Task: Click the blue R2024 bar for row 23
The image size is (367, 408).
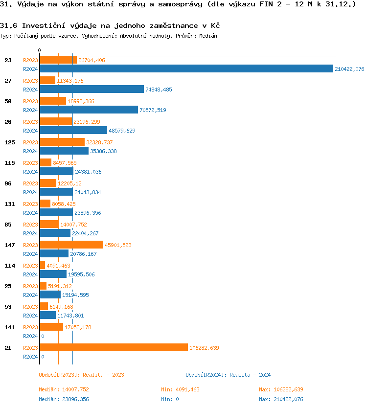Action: point(186,69)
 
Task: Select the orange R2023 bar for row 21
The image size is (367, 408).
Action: point(114,348)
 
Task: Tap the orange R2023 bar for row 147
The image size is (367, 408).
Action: point(71,245)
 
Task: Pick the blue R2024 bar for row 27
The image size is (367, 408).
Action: point(92,90)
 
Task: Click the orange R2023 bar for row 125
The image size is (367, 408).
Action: point(62,142)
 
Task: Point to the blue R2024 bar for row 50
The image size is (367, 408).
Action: point(89,110)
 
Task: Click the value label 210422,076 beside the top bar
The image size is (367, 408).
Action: point(349,69)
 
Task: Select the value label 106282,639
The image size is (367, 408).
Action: point(204,348)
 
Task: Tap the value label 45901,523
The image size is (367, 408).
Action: point(118,245)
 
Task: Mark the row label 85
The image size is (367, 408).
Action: point(8,225)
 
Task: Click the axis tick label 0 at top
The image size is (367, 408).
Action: point(40,50)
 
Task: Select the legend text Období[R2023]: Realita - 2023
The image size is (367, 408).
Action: point(81,375)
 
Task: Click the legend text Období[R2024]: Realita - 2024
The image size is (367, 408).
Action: point(228,375)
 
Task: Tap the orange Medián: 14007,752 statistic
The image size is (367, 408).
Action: point(64,389)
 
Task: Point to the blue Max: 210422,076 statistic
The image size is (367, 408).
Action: point(281,399)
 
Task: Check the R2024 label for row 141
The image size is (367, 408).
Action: point(31,336)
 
